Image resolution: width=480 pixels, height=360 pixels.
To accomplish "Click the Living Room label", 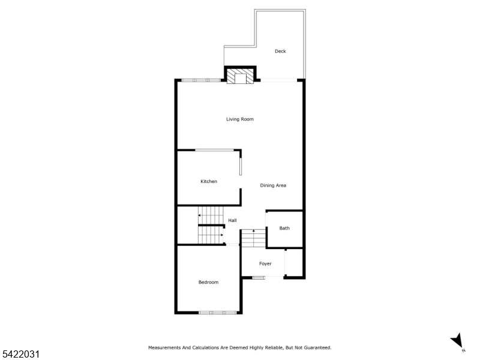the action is coord(239,119).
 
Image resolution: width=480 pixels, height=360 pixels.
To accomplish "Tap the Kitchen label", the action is coord(209,181).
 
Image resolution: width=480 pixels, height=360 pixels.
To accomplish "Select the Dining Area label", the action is coord(273,185).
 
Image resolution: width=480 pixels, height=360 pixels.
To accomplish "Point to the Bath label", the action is coord(284,228).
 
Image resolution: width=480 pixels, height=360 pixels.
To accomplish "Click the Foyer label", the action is coord(265,263).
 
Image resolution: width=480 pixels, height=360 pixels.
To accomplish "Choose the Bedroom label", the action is coord(208,282).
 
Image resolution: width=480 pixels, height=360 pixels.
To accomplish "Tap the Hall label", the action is coord(232,220).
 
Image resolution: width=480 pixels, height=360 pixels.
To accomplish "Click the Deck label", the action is coord(280,51).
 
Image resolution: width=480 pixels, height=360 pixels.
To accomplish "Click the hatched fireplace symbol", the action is coord(241,76).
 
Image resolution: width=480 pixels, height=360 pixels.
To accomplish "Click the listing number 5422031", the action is coord(20,354).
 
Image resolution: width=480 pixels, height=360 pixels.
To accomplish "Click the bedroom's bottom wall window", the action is coord(218,313).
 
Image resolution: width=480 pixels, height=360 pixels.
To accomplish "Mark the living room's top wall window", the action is coord(201,80).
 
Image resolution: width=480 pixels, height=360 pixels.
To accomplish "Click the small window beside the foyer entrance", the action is coord(259,278).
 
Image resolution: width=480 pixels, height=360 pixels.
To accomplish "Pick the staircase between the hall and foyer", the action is coord(253,238).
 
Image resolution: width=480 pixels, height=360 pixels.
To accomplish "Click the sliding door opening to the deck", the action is coord(278,80).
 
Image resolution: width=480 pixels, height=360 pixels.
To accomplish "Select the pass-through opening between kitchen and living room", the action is coord(214,150).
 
